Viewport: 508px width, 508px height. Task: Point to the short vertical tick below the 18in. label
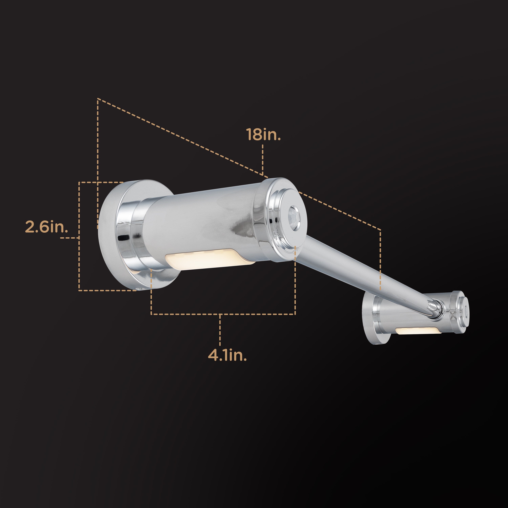point(263,158)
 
